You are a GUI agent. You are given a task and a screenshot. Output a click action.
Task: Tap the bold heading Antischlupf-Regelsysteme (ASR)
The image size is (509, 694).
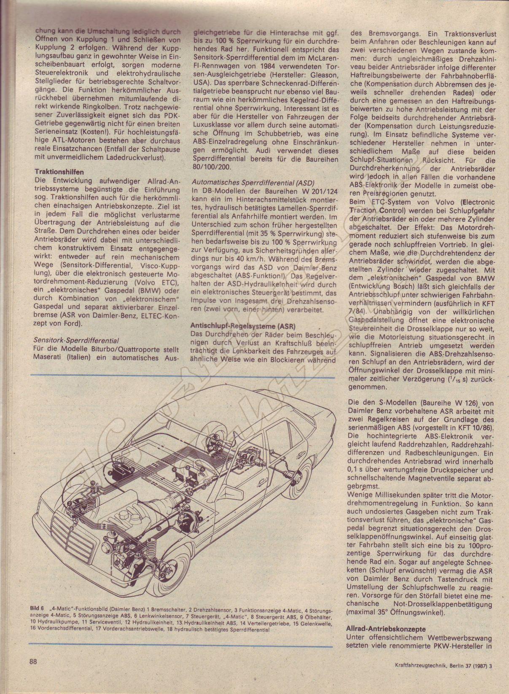coord(243,326)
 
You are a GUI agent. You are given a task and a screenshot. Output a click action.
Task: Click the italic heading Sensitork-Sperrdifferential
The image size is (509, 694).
coord(76,340)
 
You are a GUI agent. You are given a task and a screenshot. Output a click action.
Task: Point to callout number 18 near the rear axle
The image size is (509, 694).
coord(249,452)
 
